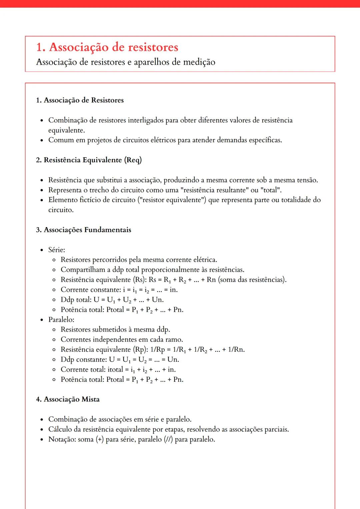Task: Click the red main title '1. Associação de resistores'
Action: pyautogui.click(x=107, y=47)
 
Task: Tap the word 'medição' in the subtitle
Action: pyautogui.click(x=199, y=62)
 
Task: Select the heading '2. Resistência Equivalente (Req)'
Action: pyautogui.click(x=89, y=160)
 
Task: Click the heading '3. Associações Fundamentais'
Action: pyautogui.click(x=83, y=230)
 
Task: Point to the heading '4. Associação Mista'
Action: pyautogui.click(x=68, y=399)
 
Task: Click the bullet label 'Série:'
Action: pyautogui.click(x=57, y=250)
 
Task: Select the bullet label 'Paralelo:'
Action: pyautogui.click(x=61, y=320)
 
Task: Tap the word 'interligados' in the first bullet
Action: pyautogui.click(x=146, y=120)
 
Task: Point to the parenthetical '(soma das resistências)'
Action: pyautogui.click(x=252, y=280)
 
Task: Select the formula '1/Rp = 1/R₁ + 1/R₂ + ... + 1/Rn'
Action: pyautogui.click(x=197, y=350)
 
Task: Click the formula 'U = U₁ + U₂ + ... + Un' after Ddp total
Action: pyautogui.click(x=128, y=300)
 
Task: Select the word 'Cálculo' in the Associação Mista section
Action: pyautogui.click(x=60, y=430)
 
